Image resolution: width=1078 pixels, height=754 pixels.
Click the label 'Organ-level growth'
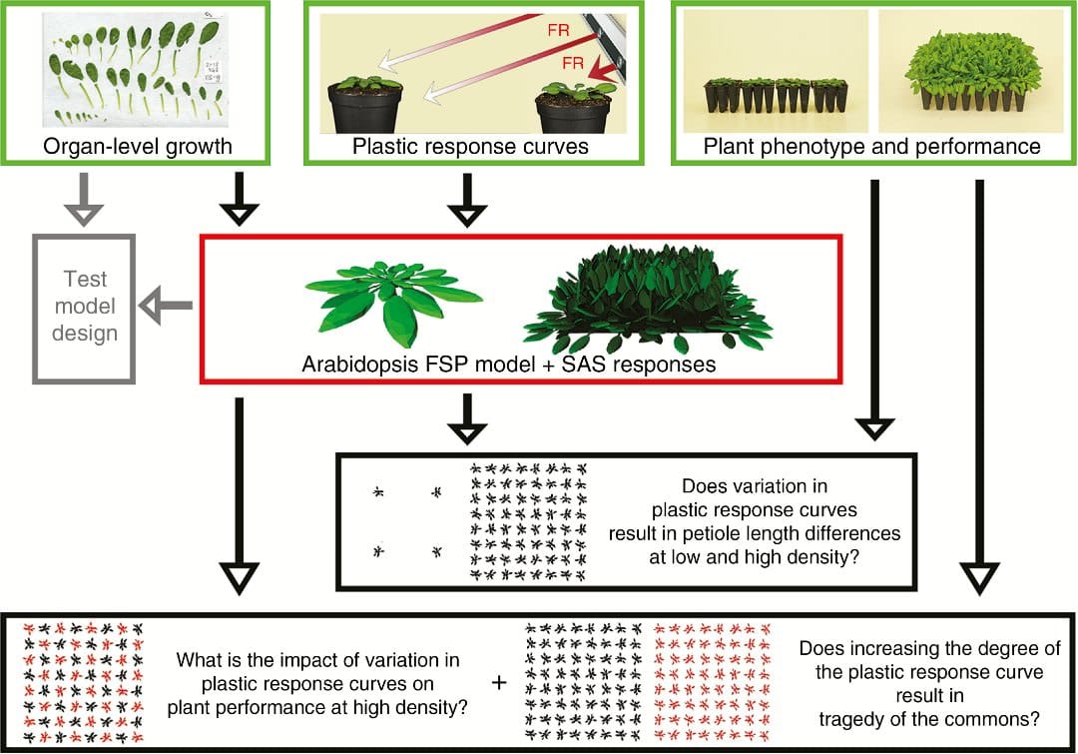point(138,147)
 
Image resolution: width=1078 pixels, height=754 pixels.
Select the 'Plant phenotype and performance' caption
point(871,147)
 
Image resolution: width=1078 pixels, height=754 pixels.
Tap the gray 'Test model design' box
point(84,308)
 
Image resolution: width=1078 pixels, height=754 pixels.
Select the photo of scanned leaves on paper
point(137,75)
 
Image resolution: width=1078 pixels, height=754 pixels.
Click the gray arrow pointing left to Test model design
point(165,308)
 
